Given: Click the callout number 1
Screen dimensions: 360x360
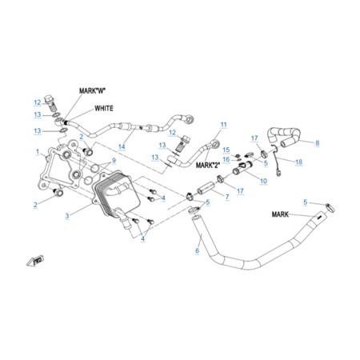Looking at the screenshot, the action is (38, 152).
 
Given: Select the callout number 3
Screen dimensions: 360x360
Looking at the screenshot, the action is (67, 216).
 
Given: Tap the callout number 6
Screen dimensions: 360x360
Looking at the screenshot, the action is (197, 250).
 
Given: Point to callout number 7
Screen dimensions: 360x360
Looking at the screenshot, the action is (227, 197).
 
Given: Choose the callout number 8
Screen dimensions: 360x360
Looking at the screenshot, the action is (318, 143).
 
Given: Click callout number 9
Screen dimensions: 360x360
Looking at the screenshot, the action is (114, 161).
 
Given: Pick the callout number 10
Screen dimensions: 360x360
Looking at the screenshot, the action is (263, 181).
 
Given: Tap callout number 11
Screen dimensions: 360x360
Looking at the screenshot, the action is (224, 125).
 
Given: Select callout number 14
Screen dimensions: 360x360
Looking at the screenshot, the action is (122, 146).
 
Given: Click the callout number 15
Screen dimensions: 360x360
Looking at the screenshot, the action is (226, 150).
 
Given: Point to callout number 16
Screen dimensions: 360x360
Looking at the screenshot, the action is (226, 159).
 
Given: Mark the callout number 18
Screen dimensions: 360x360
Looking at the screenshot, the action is (299, 162).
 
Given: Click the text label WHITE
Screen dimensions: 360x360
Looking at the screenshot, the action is (104, 108).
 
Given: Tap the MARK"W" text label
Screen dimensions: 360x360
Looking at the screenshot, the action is (92, 90).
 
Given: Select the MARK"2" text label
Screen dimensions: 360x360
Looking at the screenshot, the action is (208, 166).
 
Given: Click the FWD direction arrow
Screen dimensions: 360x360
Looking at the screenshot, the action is (35, 260).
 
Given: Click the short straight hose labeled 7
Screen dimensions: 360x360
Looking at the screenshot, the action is (206, 188).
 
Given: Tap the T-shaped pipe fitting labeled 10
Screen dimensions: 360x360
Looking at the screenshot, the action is (243, 168).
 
